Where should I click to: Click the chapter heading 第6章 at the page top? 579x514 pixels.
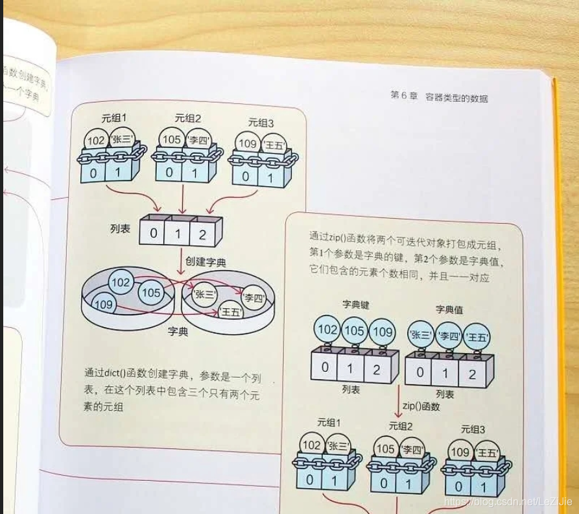click(x=405, y=97)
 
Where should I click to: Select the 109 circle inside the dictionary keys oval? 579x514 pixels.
click(x=103, y=304)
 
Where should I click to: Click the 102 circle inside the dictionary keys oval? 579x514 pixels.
click(x=121, y=282)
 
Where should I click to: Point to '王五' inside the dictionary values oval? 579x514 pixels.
click(x=230, y=312)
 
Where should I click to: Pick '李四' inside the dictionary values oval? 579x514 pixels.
click(x=255, y=298)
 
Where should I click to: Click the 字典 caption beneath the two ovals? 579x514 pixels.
click(x=178, y=332)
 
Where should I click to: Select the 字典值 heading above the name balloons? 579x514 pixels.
click(x=449, y=310)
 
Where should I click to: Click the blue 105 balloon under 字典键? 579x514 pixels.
click(x=355, y=331)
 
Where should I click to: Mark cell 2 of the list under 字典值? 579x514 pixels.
click(x=472, y=374)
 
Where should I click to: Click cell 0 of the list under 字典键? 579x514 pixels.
click(x=324, y=367)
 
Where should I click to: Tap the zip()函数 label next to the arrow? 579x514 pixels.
click(x=421, y=406)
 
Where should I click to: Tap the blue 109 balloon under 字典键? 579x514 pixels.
click(x=383, y=332)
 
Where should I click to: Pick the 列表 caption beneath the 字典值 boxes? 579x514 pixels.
click(x=444, y=394)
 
